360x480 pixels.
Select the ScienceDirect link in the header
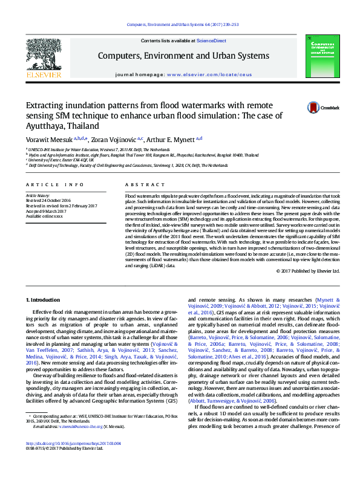[x=211, y=41]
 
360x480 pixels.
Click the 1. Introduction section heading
[x=44, y=300]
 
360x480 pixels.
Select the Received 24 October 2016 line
[x=48, y=201]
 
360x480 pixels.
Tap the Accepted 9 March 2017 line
[x=46, y=211]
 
